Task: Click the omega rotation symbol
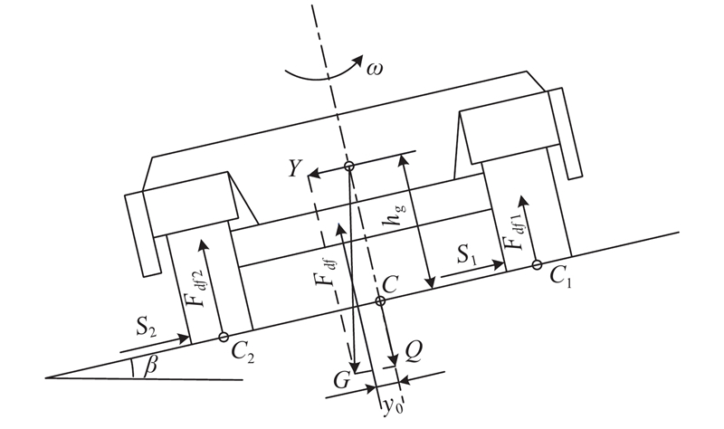pyautogui.click(x=375, y=70)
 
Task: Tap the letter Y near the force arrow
pyautogui.click(x=296, y=168)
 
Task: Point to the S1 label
pyautogui.click(x=467, y=255)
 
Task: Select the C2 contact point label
pyautogui.click(x=243, y=353)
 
